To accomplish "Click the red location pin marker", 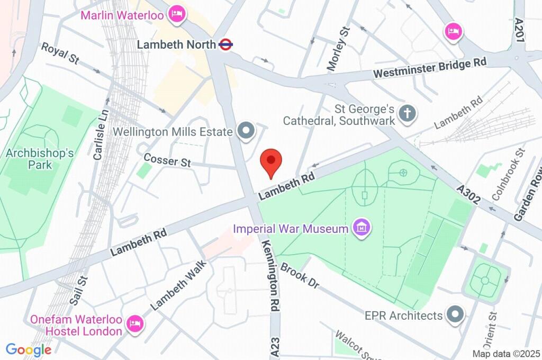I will pos(272,163).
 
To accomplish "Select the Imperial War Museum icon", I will pos(363,228).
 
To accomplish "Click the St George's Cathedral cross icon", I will pos(408,113).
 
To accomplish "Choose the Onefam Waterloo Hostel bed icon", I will pos(136,323).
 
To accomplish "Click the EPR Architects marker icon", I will pos(455,316).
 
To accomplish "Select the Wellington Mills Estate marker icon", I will pos(245,131).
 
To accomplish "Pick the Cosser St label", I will pos(167,160).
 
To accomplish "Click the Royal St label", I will pos(60,53).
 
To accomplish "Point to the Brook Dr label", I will pos(300,276).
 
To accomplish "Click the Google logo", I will pos(29,349).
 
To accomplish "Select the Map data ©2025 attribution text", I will pos(506,354).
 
